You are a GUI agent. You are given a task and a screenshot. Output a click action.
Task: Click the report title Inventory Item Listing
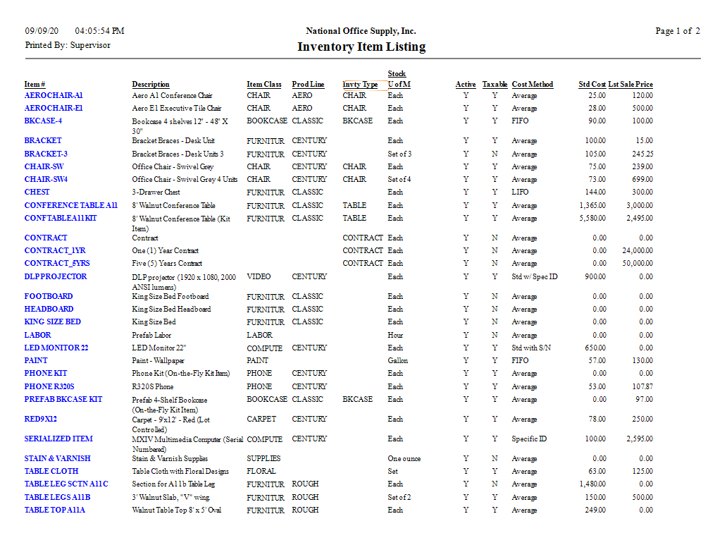(361, 47)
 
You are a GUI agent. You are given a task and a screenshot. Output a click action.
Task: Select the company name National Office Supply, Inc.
(361, 31)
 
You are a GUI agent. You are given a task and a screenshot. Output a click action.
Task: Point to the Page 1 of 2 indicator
(677, 31)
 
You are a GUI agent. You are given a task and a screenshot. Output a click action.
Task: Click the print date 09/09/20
(42, 31)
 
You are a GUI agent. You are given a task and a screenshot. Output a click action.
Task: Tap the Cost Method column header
(532, 85)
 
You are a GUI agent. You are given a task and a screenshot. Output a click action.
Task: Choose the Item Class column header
(264, 85)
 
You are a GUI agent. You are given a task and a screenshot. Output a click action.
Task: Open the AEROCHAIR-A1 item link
(54, 95)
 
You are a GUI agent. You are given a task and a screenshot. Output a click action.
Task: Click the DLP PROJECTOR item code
(56, 276)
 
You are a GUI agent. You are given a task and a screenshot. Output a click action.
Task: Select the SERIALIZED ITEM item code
(58, 439)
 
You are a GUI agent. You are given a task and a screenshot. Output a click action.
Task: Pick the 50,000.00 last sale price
(636, 263)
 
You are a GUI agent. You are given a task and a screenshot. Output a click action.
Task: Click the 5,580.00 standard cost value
(592, 219)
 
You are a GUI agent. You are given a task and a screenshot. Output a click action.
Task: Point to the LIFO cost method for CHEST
(521, 192)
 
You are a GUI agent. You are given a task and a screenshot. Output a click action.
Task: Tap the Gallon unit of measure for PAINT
(397, 360)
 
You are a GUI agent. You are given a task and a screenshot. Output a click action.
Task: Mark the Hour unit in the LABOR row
(395, 335)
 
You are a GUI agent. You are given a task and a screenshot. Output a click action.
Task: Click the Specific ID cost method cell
(529, 439)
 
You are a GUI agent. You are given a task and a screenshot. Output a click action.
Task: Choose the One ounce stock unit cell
(404, 458)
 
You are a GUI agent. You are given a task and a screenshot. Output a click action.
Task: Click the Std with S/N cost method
(533, 348)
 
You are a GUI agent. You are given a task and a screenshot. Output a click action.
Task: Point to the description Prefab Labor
(151, 335)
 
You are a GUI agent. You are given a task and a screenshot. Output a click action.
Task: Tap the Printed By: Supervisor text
(68, 45)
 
